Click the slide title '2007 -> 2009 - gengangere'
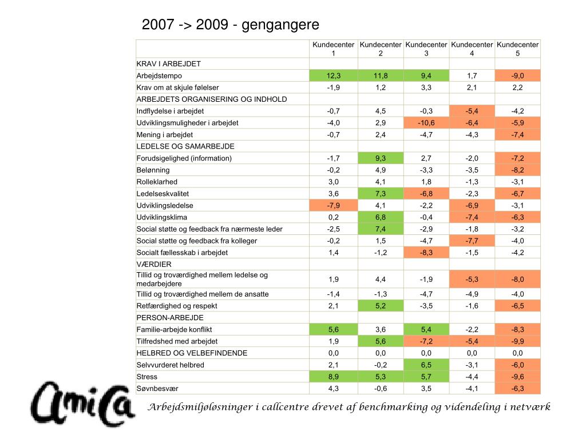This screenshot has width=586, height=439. [x=230, y=25]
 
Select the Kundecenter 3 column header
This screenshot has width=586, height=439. [x=426, y=49]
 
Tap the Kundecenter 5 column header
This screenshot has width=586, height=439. [x=517, y=49]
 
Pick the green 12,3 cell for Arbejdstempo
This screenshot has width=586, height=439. [x=334, y=75]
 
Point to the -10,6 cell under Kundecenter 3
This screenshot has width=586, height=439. [x=426, y=123]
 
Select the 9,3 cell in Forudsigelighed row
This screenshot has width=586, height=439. [x=381, y=158]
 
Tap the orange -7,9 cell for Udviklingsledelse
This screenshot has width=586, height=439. [x=334, y=205]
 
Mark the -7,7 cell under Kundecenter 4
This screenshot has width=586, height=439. [x=472, y=241]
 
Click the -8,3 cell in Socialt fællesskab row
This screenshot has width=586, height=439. [x=426, y=253]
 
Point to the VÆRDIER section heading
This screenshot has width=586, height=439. [x=151, y=265]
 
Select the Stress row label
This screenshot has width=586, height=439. [x=146, y=377]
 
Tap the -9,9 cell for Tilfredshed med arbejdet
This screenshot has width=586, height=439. [x=517, y=341]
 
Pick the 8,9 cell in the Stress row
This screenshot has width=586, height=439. [x=334, y=377]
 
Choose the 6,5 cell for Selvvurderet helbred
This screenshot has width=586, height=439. [x=426, y=365]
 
